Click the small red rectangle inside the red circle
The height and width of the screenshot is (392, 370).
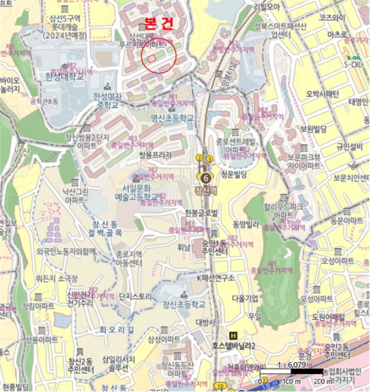coord(151,58)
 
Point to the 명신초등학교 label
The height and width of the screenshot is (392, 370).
coord(172,118)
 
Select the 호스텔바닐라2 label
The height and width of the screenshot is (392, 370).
coord(234,346)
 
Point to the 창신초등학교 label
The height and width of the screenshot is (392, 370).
coord(181,304)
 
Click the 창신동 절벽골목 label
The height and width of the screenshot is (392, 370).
coord(118,228)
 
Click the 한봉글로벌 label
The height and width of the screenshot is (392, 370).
coord(201,213)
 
